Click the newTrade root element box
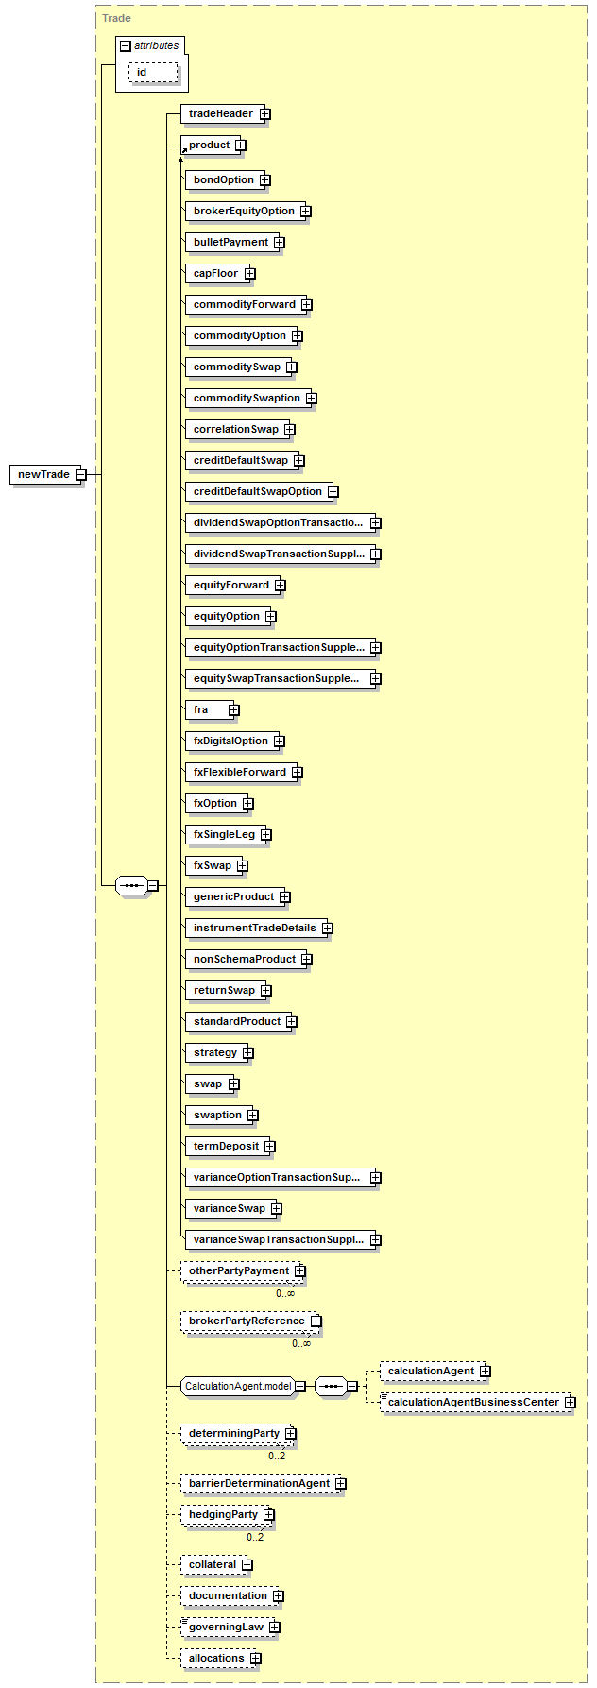tap(48, 474)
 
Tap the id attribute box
tap(153, 72)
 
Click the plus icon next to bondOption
tap(265, 179)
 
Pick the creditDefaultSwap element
tap(245, 460)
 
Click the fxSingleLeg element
tap(229, 834)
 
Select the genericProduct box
tap(238, 896)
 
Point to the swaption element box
tap(222, 1115)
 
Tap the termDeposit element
tap(230, 1146)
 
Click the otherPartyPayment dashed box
tap(243, 1271)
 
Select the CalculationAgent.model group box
tap(243, 1386)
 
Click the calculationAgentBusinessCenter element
tap(477, 1402)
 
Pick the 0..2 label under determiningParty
tap(277, 1456)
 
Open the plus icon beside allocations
tap(256, 1658)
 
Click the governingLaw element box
tap(230, 1627)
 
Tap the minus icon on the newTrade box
tap(80, 474)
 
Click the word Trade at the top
tap(116, 18)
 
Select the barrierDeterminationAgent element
tap(264, 1483)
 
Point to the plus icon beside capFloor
tap(249, 273)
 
